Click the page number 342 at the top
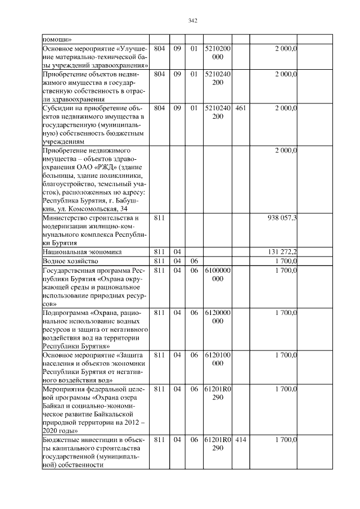[192, 21]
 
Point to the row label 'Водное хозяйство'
[71, 261]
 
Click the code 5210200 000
[217, 53]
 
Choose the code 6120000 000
[217, 316]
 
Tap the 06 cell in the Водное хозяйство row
[194, 261]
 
